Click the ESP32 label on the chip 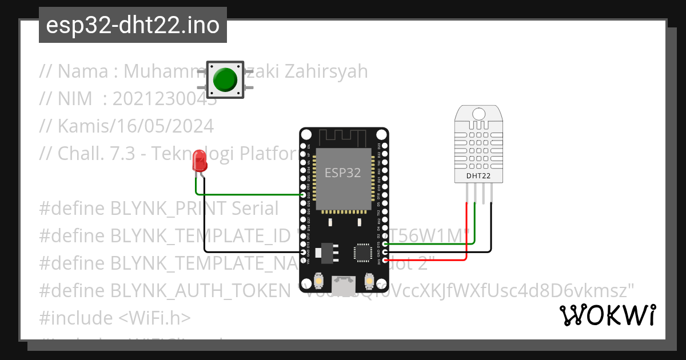pos(343,173)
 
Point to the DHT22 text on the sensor pos(478,176)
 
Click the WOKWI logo pos(607,315)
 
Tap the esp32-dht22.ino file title pos(133,25)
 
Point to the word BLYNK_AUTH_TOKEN pos(201,290)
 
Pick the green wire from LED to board pos(252,194)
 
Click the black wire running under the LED pos(240,251)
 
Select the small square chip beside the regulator pos(362,252)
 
